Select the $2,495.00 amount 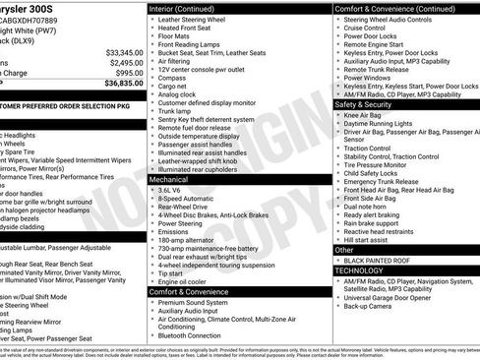tap(126, 62)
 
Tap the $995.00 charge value tap(129, 73)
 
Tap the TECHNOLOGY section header tap(359, 270)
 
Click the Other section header tap(345, 250)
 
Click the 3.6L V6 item tap(174, 189)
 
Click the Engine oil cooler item tap(186, 280)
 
